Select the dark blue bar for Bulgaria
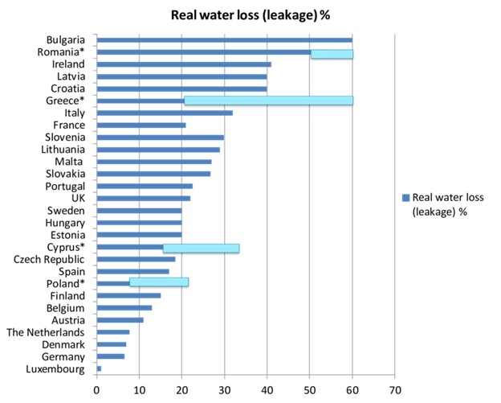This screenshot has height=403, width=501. click(x=224, y=39)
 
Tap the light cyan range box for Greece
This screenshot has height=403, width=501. click(x=268, y=101)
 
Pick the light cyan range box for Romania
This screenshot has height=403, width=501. click(x=332, y=54)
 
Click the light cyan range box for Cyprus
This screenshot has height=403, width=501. click(x=201, y=248)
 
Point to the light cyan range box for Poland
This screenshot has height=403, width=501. click(x=158, y=282)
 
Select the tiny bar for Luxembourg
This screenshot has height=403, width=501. click(x=99, y=368)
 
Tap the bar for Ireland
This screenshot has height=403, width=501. click(x=184, y=64)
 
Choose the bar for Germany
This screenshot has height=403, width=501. click(x=111, y=356)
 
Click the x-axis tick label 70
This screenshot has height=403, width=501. click(x=394, y=392)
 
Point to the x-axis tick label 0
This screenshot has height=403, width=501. click(x=97, y=392)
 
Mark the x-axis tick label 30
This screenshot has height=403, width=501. click(x=224, y=392)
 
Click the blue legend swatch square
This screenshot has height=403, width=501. click(x=405, y=197)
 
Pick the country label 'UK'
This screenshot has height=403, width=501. click(x=77, y=197)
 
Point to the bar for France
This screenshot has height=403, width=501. click(x=141, y=125)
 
